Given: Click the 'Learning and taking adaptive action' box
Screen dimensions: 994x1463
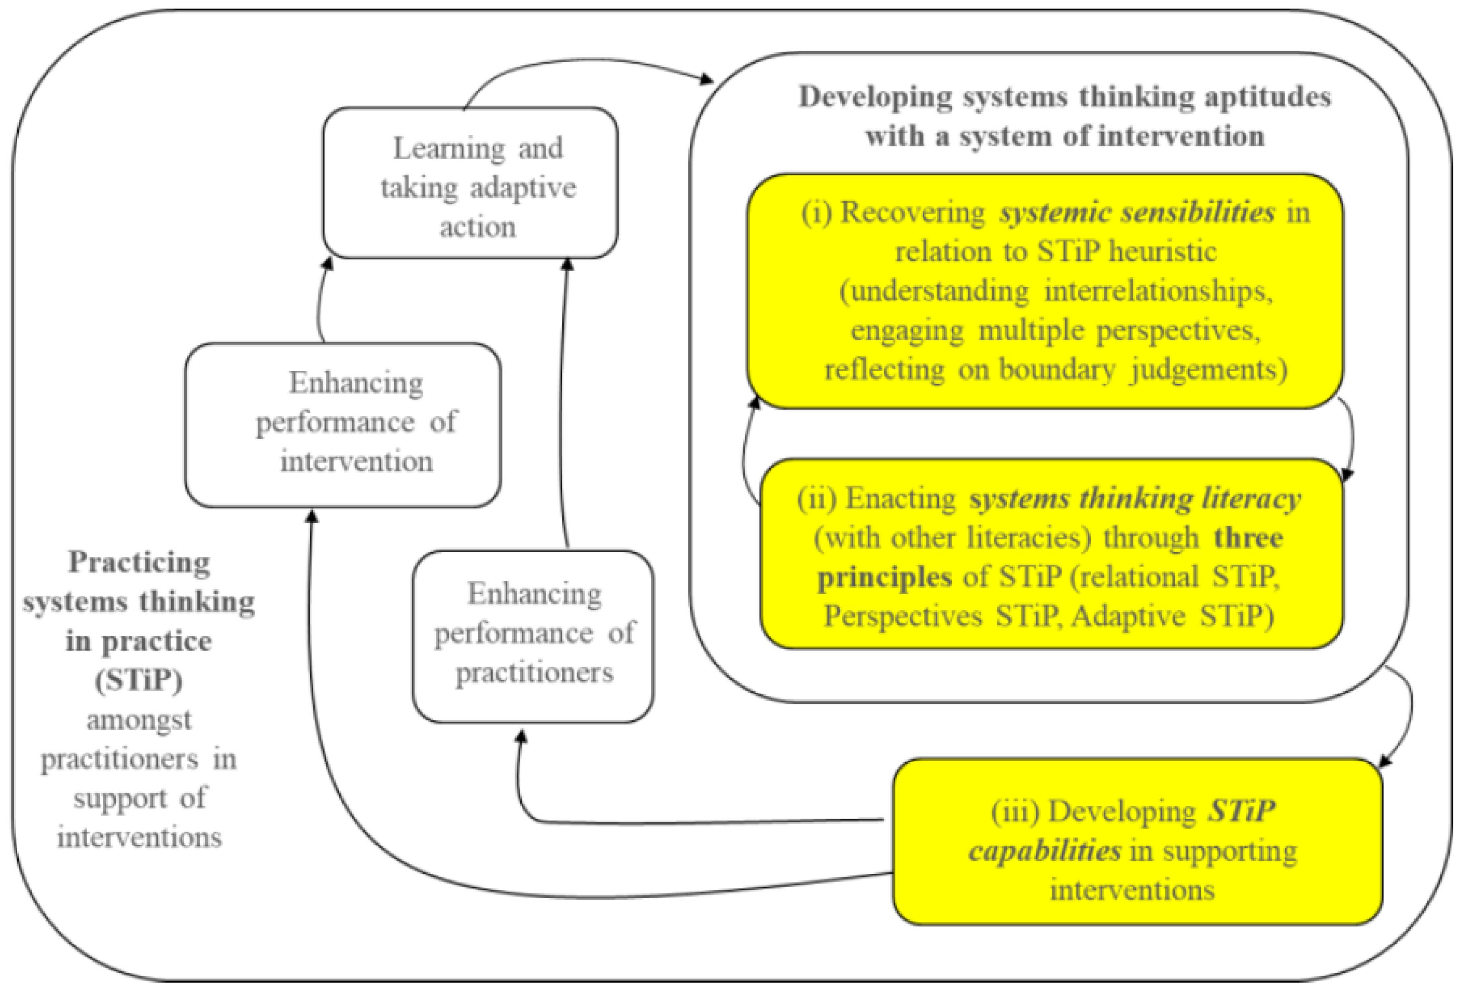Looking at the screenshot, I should pyautogui.click(x=470, y=183).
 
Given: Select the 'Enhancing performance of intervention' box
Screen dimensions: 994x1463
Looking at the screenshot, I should pyautogui.click(x=343, y=425).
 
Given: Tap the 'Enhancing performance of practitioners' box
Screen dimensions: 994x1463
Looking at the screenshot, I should pyautogui.click(x=533, y=636).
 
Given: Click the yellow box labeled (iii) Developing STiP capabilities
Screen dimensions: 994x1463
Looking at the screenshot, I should pyautogui.click(x=1137, y=842).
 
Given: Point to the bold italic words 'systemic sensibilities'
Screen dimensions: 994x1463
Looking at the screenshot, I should pyautogui.click(x=1137, y=212).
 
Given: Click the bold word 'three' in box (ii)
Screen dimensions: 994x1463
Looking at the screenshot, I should pyautogui.click(x=1248, y=537).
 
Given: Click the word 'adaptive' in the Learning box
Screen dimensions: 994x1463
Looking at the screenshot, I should pyautogui.click(x=523, y=187).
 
